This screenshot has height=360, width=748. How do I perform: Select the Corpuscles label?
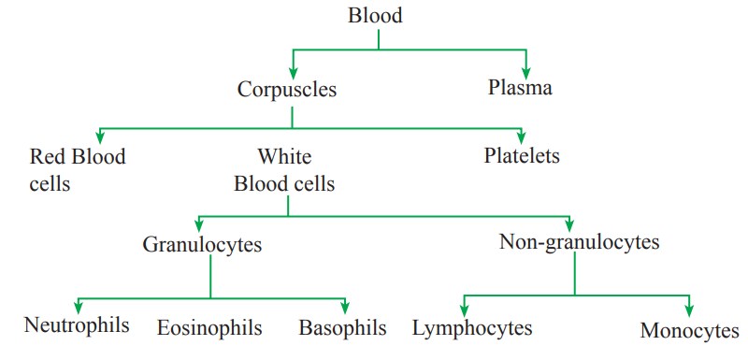click(287, 91)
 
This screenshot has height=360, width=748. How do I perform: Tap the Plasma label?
click(520, 89)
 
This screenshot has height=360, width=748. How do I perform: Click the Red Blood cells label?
click(78, 169)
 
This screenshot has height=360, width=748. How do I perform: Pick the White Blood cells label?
click(284, 169)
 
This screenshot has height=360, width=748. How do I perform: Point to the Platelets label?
click(522, 155)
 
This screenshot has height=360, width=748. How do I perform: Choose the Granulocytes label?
click(202, 245)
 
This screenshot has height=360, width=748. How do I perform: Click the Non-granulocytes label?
click(580, 242)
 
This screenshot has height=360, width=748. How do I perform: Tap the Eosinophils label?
click(209, 328)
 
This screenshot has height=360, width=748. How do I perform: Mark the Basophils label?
click(343, 328)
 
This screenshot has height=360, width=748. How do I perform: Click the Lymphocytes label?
click(472, 328)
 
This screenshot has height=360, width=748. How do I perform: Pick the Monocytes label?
click(690, 330)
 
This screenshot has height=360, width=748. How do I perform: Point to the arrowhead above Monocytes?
click(690, 310)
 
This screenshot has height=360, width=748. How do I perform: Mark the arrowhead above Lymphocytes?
click(464, 310)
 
